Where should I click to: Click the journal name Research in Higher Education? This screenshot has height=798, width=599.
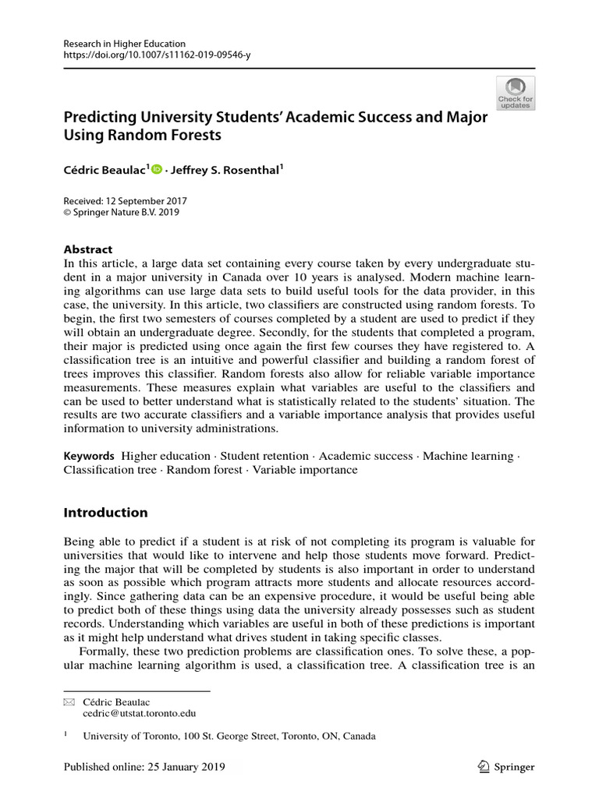coord(124,44)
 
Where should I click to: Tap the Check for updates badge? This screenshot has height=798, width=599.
coord(516,93)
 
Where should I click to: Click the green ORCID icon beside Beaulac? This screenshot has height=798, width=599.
coord(157,169)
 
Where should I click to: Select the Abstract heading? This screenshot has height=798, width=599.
coord(88,249)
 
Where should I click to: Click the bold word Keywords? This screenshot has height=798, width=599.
coord(88,456)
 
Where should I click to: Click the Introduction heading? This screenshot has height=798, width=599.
coord(105,513)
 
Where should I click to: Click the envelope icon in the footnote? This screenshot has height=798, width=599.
coord(68,702)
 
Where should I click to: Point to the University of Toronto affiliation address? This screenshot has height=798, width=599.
coord(229,736)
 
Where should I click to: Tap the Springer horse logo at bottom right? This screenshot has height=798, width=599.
coord(484,767)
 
